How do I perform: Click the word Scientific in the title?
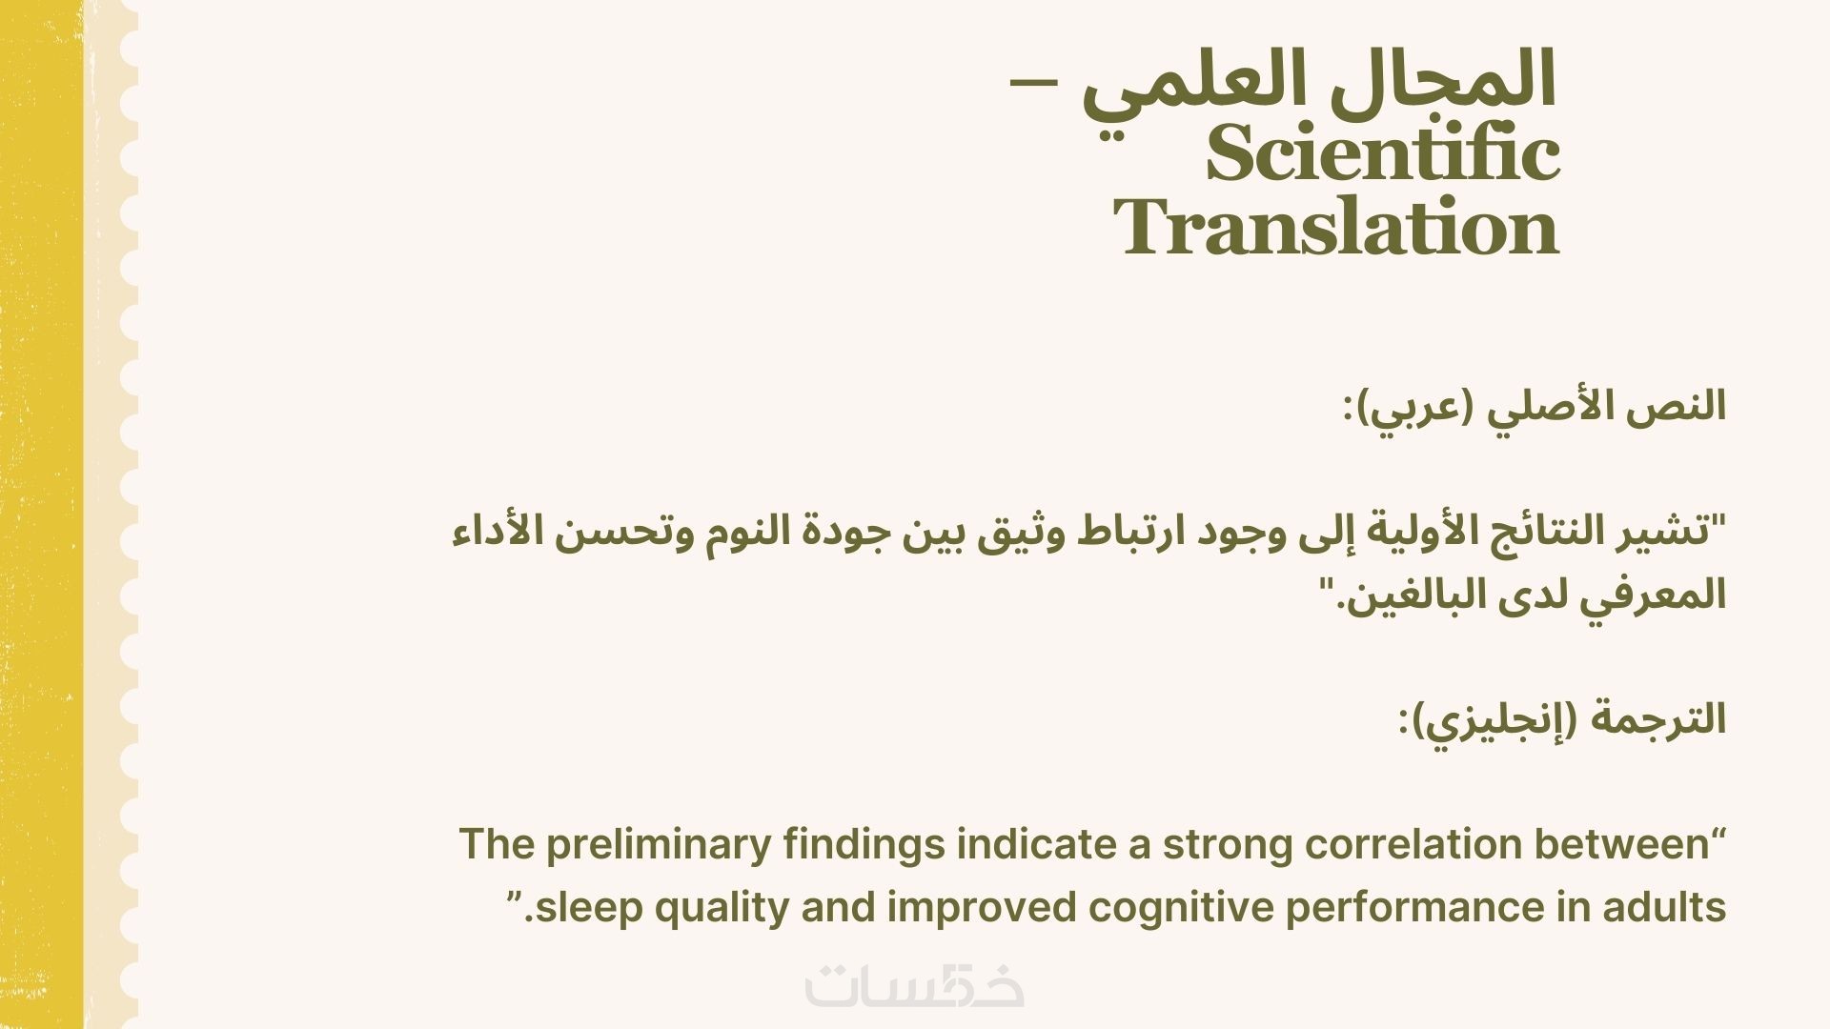1382,154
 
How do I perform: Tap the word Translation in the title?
1336,228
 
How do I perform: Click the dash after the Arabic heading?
1033,83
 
